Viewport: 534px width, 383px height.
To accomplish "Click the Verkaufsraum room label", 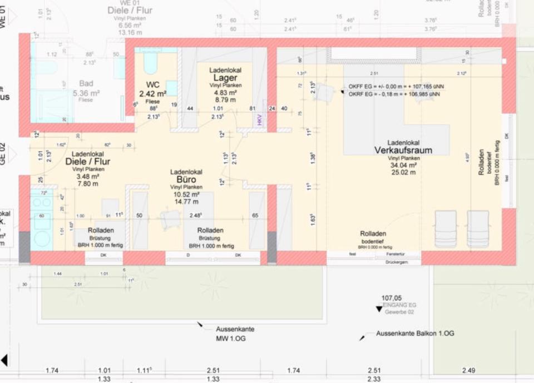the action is (x=403, y=150).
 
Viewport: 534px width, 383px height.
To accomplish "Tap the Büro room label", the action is (x=186, y=180).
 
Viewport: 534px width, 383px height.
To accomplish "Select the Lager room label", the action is (x=225, y=78).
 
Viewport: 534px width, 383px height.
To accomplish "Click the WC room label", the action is (x=153, y=85).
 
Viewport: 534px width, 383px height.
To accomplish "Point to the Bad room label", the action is (x=86, y=83).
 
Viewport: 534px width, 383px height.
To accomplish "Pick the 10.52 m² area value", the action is (x=186, y=195).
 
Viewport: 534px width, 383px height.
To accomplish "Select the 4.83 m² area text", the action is (x=225, y=93).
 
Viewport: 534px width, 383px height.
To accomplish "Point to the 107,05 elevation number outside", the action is (x=392, y=298).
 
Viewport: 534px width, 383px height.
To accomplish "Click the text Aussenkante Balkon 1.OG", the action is (x=415, y=333).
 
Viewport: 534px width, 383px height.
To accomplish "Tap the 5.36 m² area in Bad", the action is (x=86, y=93).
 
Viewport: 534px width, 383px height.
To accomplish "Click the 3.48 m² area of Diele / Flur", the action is (x=88, y=176).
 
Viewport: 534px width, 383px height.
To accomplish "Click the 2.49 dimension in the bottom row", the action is (x=469, y=370).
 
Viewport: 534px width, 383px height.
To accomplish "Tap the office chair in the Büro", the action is (x=170, y=218).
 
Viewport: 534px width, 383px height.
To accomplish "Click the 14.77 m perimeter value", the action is (x=186, y=202).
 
